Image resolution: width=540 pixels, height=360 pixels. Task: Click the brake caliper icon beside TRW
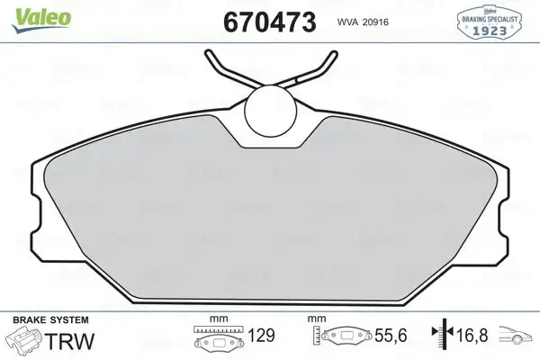[23, 342]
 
